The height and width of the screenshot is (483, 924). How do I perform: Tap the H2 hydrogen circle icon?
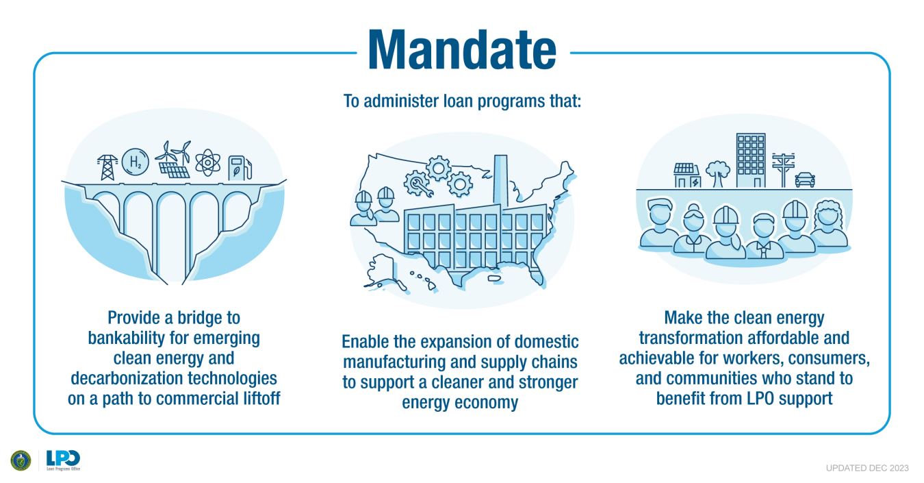click(x=136, y=162)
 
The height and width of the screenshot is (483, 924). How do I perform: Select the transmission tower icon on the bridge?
click(x=107, y=167)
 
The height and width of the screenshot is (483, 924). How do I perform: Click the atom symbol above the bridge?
click(x=207, y=162)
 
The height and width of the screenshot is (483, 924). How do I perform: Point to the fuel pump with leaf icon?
click(x=240, y=168)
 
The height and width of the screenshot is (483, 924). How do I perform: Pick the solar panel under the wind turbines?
click(x=174, y=170)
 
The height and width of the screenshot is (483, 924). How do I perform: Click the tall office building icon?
click(x=751, y=160)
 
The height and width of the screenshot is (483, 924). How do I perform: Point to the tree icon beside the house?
click(x=718, y=174)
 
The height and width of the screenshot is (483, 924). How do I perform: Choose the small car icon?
click(x=805, y=179)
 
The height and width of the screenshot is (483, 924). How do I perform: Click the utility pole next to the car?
click(x=783, y=170)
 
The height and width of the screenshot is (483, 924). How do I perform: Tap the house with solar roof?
click(x=686, y=175)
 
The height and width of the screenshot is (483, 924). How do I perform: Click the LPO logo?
click(x=63, y=460)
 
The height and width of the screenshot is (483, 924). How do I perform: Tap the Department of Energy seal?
click(x=21, y=460)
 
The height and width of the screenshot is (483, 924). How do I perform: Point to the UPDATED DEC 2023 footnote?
click(x=867, y=468)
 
